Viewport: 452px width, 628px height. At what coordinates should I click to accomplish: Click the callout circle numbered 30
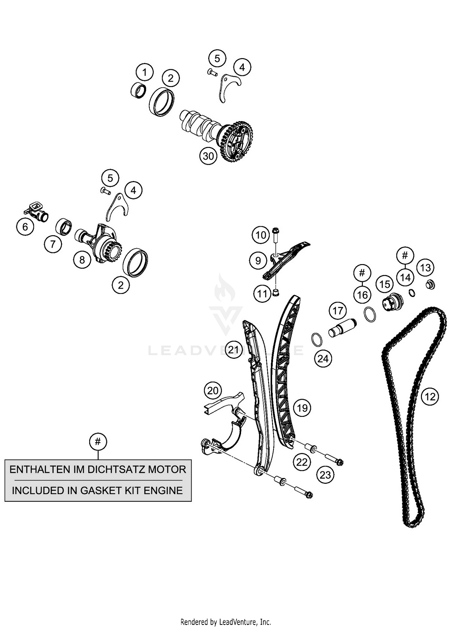point(208,156)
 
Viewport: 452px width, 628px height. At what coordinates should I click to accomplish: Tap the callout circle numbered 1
point(145,73)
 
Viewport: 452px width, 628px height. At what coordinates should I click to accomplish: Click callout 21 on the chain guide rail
point(234,350)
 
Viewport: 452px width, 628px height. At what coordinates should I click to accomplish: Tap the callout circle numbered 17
point(337,311)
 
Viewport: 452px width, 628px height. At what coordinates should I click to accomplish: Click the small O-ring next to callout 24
point(316,339)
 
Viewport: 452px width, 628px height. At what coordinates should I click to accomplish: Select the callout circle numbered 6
point(25,227)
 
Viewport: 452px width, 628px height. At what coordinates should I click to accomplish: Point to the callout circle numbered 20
point(213,391)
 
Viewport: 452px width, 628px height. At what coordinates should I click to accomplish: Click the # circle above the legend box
point(98,442)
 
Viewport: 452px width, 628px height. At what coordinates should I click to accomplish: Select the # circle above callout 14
point(405,256)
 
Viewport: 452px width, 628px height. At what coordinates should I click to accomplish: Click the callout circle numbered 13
point(425,268)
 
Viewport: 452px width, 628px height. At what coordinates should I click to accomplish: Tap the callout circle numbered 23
point(325,475)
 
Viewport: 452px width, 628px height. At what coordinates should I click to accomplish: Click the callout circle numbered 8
point(82,260)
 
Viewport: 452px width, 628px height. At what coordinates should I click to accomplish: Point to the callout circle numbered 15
point(385,284)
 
